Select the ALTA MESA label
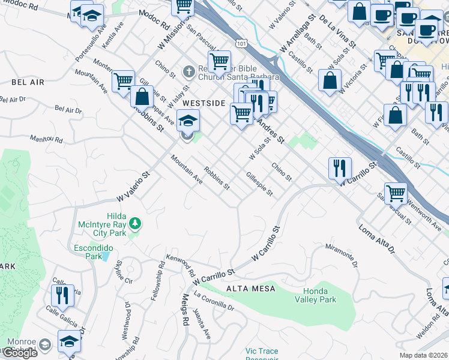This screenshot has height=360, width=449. pyautogui.click(x=250, y=289)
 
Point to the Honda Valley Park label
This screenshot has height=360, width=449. pyautogui.click(x=315, y=295)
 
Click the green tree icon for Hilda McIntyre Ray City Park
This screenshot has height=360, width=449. pyautogui.click(x=136, y=224)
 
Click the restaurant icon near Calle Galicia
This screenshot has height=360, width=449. pyautogui.click(x=62, y=295)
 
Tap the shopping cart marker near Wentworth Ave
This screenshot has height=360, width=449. pyautogui.click(x=396, y=193)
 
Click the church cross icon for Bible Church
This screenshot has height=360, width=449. pyautogui.click(x=188, y=72)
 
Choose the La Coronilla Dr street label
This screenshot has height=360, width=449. pyautogui.click(x=214, y=301)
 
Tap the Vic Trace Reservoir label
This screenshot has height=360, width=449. pyautogui.click(x=265, y=354)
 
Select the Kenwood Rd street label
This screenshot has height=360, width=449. pyautogui.click(x=184, y=264)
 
